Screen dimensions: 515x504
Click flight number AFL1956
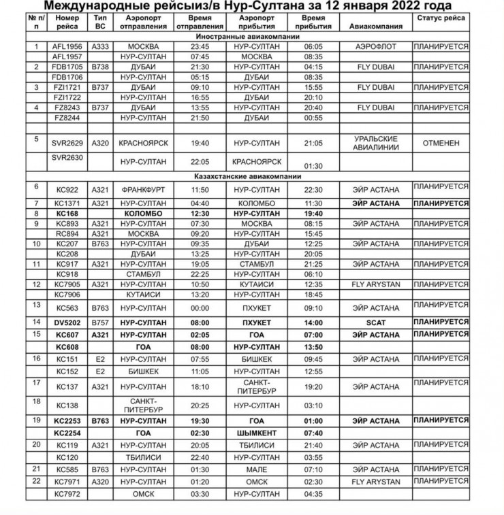point(67,46)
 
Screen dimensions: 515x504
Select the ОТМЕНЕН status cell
point(441,144)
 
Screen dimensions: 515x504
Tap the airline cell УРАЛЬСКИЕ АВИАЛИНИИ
point(376,144)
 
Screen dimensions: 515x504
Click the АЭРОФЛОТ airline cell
point(376,46)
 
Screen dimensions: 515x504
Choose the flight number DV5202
point(67,322)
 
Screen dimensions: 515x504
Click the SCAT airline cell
point(376,322)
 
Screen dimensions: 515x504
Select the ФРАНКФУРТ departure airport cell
point(143,189)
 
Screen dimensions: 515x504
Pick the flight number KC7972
point(67,493)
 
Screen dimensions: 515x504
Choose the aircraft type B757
point(101,322)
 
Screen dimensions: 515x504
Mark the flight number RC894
point(67,233)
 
